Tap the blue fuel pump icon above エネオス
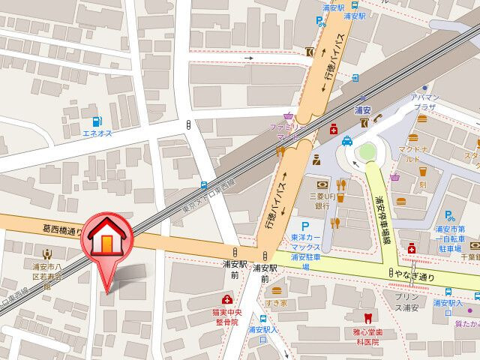pyautogui.click(x=96, y=121)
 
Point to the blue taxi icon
pyautogui.click(x=347, y=140)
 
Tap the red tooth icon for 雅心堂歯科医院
pyautogui.click(x=367, y=319)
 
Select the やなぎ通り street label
pyautogui.click(x=416, y=276)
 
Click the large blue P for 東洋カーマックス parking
pyautogui.click(x=305, y=226)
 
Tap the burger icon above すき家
pyautogui.click(x=277, y=290)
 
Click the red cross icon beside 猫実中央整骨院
pyautogui.click(x=227, y=301)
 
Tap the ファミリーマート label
pyautogui.click(x=286, y=133)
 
